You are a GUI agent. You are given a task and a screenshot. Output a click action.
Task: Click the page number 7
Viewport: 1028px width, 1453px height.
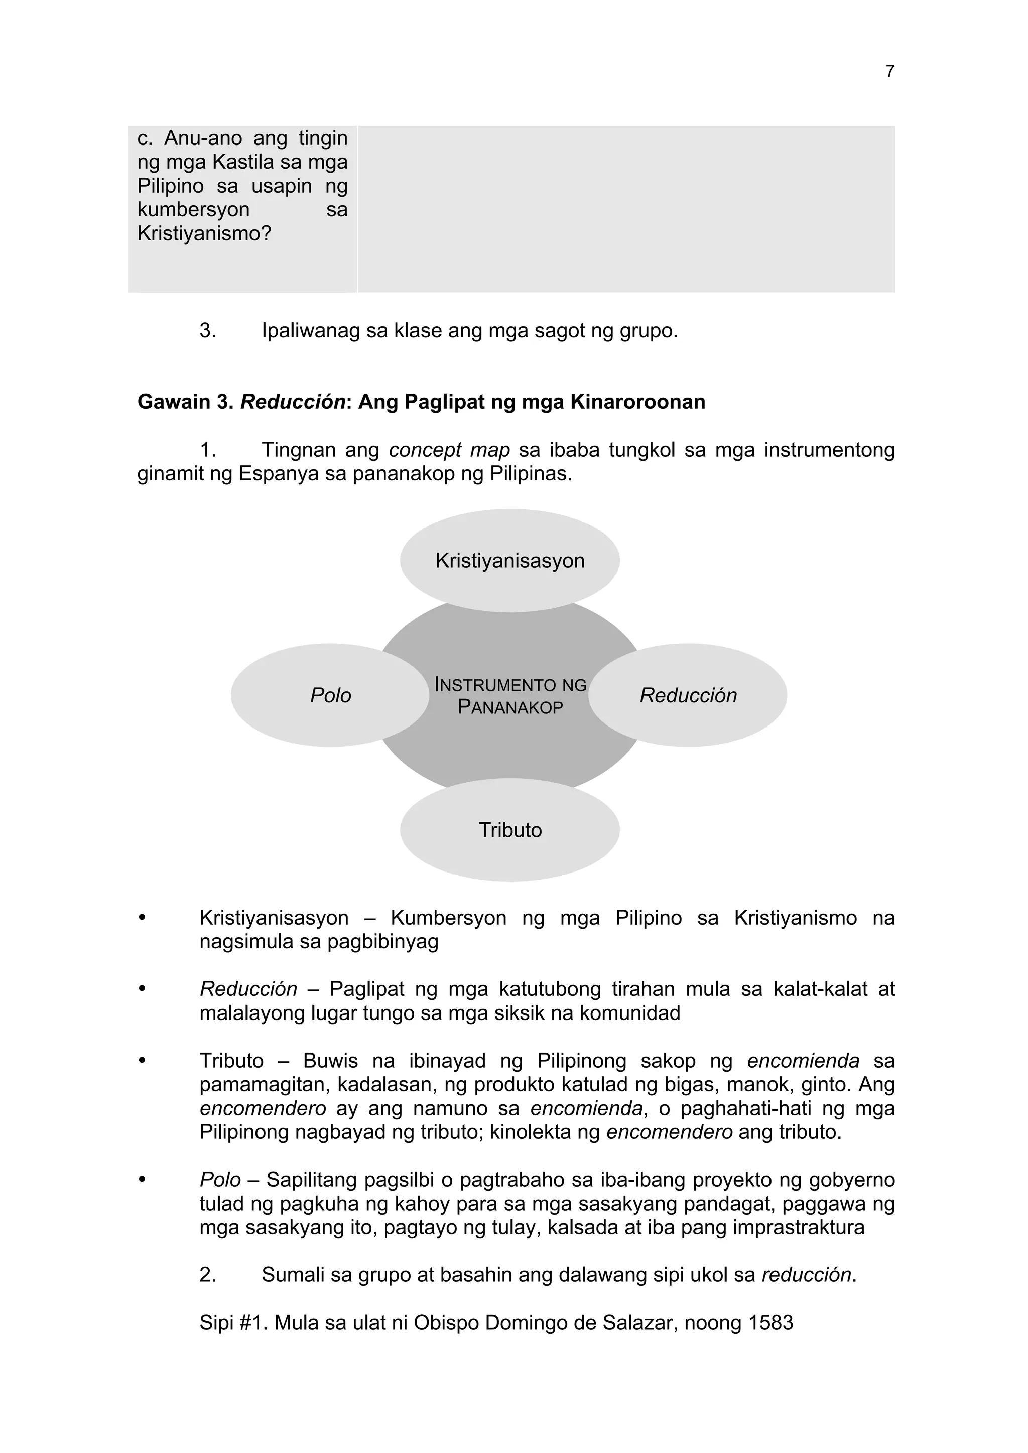tap(889, 72)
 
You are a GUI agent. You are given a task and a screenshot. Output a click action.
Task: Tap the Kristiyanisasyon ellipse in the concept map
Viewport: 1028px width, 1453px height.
tap(509, 561)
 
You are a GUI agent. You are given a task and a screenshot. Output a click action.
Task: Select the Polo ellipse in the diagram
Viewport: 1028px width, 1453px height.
tap(330, 695)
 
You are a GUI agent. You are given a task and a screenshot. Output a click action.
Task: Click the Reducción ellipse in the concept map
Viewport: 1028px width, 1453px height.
tap(688, 695)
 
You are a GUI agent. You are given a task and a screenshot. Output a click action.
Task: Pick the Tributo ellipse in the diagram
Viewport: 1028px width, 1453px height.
tap(509, 830)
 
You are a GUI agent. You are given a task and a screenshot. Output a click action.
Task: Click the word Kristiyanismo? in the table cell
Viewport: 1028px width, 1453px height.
tap(204, 233)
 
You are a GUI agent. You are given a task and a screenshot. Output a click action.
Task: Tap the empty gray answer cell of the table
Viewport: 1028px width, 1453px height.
tap(625, 209)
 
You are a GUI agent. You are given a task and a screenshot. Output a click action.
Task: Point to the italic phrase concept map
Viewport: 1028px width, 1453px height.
tap(449, 450)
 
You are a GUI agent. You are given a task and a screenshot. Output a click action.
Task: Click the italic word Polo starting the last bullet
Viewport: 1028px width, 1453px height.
tap(220, 1180)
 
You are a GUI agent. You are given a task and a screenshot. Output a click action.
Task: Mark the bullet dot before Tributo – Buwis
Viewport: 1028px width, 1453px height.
tap(143, 1060)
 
